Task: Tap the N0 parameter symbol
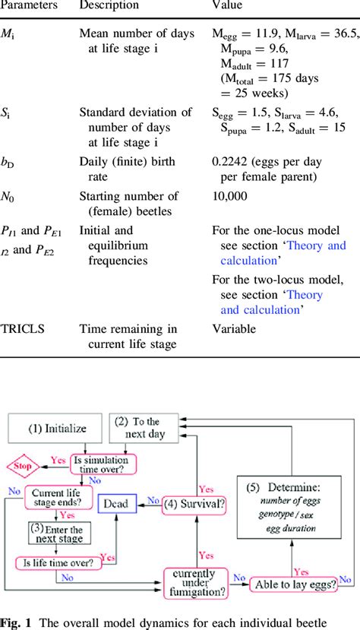click(17, 197)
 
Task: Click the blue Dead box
click(117, 503)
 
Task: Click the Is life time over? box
click(54, 564)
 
